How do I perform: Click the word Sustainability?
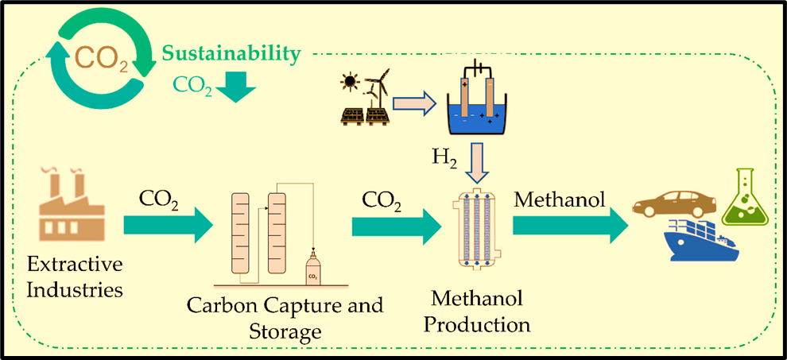[232, 54]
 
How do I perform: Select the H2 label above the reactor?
[444, 157]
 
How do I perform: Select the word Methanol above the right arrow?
[554, 197]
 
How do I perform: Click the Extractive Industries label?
[75, 276]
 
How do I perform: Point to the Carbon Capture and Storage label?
[285, 316]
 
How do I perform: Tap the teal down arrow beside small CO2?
[236, 87]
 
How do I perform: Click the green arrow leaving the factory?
[169, 227]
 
